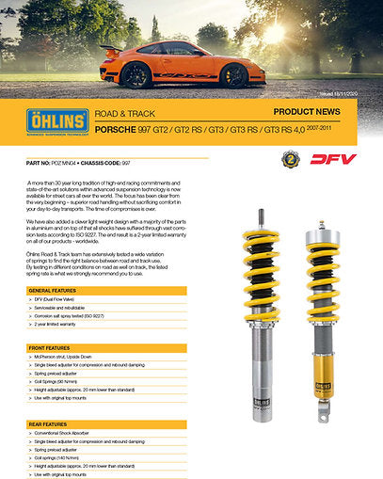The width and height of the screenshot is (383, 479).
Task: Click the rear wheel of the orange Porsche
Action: [x=136, y=74]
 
